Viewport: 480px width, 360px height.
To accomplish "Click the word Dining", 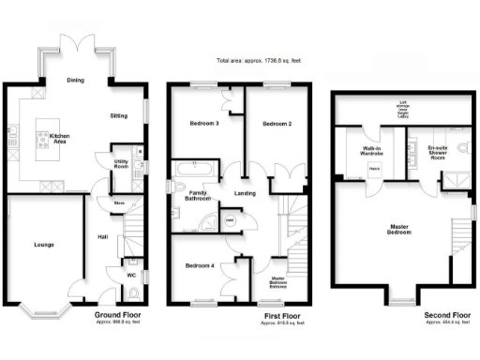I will point(75,81).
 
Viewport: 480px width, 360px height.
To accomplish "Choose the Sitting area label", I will point(119,115).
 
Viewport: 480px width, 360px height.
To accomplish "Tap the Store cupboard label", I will point(120,202).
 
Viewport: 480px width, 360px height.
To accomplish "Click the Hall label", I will point(102,236).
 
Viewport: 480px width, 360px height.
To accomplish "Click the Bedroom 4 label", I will point(200,265).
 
